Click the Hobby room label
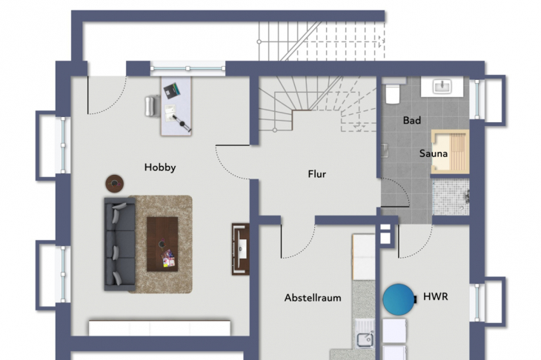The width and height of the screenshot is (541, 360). (x=160, y=167)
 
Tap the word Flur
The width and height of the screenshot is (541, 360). (x=317, y=174)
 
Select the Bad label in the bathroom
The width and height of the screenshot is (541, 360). (x=412, y=120)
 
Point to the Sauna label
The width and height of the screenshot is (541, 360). (x=434, y=153)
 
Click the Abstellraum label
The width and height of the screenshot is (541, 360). (x=313, y=298)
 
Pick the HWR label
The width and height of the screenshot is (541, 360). (x=436, y=296)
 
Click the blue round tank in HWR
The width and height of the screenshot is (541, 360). (x=399, y=299)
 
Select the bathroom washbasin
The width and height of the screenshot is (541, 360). (x=442, y=87)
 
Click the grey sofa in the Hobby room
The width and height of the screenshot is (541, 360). (x=119, y=244)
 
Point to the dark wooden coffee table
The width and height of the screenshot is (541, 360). (x=162, y=244)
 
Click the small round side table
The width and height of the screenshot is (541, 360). (x=115, y=184)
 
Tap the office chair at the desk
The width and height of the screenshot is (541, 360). (x=152, y=106)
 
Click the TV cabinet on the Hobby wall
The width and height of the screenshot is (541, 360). (x=240, y=250)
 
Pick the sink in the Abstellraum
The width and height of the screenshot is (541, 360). (x=365, y=335)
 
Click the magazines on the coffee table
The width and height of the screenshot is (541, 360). (x=168, y=259)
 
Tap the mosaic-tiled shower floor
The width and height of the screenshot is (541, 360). (x=451, y=197)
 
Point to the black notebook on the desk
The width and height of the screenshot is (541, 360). (x=171, y=90)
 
